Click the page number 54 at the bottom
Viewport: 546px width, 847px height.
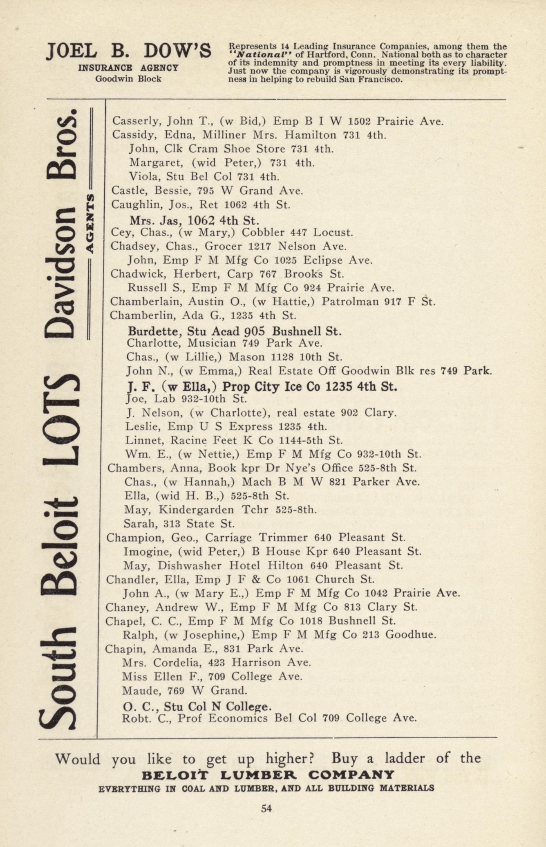[266, 808]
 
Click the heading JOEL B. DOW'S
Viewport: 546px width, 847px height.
[129, 52]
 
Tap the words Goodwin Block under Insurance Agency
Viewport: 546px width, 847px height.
[128, 79]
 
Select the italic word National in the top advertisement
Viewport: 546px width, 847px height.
[258, 54]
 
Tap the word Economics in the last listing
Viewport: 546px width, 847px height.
[237, 718]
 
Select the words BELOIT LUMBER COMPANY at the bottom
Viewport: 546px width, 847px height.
[267, 775]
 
